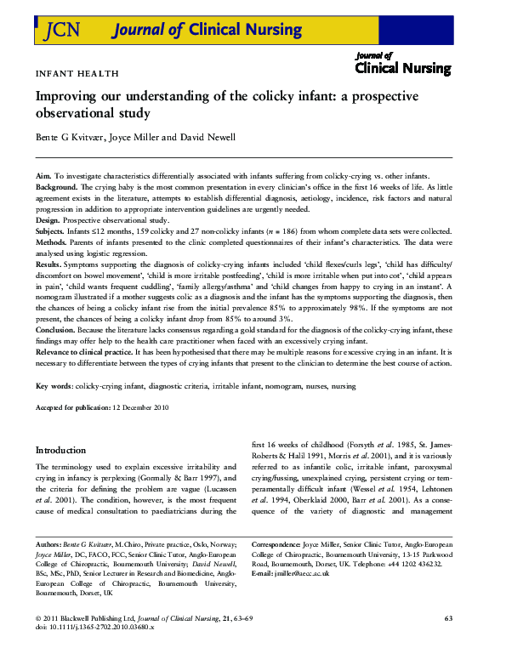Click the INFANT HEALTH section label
click(x=77, y=74)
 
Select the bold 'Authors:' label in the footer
click(x=49, y=542)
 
